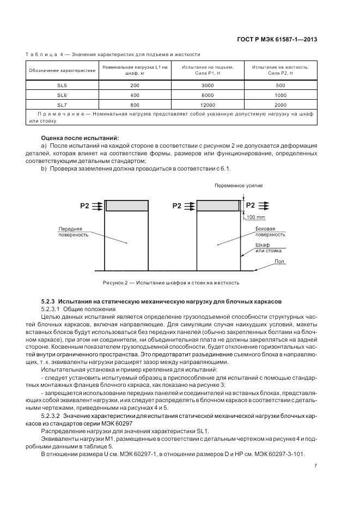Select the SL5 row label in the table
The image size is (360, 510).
point(62,86)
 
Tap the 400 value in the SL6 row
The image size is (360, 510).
point(135,95)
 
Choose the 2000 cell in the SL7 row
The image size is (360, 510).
point(280,105)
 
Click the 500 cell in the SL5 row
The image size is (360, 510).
point(280,86)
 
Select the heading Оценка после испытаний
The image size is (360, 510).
point(80,138)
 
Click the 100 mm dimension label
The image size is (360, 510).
point(255,217)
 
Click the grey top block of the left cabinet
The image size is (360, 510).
point(127,205)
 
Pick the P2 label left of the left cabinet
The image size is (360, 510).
point(84,206)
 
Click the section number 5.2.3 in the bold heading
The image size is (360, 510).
point(48,301)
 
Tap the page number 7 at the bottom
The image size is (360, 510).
point(315,466)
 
